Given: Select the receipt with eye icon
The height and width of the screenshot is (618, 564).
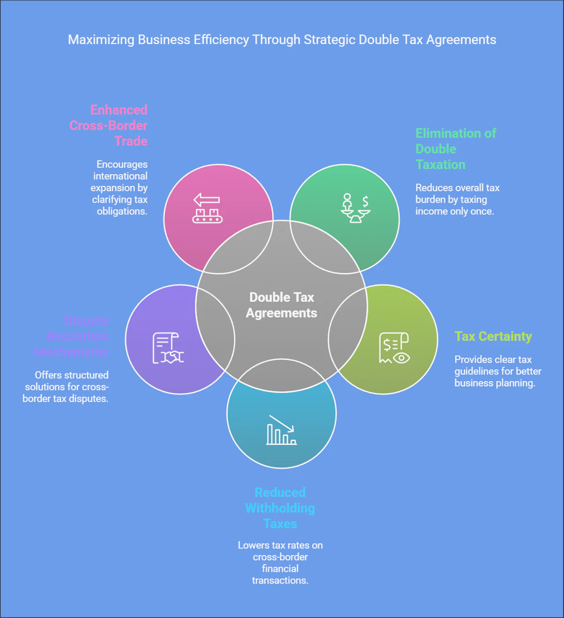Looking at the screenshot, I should pos(394,348).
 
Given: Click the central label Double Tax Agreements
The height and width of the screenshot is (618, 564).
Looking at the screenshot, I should pos(282,305).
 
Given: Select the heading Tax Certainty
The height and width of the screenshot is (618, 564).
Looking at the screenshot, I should pos(493,336).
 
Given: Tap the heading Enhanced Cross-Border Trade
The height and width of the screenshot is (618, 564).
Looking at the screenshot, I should pos(109,125).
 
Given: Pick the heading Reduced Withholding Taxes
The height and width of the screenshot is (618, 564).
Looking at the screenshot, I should pos(280,508).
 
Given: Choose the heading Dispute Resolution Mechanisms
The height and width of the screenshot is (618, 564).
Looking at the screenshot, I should pos(71,336).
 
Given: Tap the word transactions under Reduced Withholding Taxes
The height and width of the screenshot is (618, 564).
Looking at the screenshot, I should pos(280,580).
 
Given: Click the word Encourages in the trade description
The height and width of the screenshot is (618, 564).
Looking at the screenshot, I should pos(122,164).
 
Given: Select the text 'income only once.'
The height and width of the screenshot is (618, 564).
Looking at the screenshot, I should pos(454,211).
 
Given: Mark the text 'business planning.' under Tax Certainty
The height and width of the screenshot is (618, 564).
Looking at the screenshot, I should pos(494,383).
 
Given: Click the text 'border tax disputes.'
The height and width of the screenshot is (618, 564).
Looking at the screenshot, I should pos(65,398).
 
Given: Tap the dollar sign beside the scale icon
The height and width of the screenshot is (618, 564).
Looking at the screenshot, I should pos(365,202).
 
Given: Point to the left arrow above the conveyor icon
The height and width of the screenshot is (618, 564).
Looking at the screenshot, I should pos(207,200).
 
